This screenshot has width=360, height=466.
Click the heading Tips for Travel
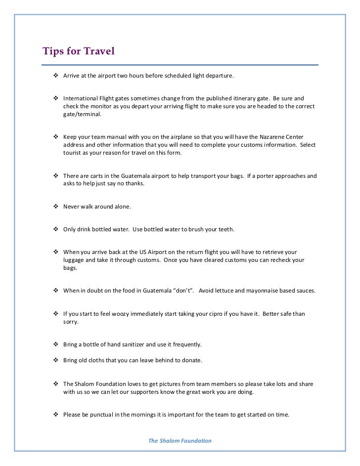[79, 51]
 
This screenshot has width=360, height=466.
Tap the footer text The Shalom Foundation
[180, 440]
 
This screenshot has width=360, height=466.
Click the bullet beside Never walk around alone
[55, 207]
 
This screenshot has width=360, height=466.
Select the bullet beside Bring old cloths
[55, 360]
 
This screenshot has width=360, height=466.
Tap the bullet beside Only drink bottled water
[55, 229]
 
